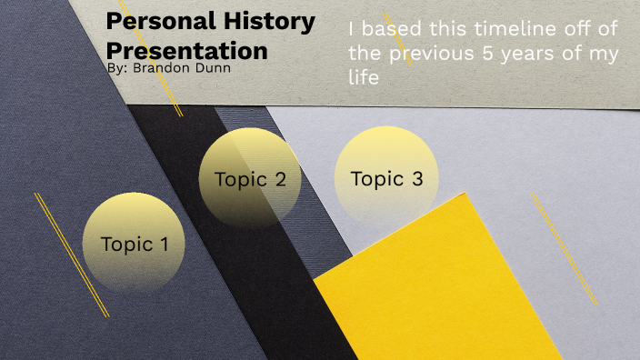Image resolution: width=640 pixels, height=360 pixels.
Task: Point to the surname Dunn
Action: point(212,67)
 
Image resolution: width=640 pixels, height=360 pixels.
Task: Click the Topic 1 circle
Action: point(134,243)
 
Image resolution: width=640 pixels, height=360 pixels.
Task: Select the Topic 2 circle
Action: point(250,178)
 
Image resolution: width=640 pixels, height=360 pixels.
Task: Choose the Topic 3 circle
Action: point(386,178)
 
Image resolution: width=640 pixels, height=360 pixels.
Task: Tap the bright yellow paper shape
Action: point(445,282)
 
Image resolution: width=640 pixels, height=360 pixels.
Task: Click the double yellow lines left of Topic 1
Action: point(71,255)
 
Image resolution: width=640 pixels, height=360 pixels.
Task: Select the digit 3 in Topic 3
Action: point(417,179)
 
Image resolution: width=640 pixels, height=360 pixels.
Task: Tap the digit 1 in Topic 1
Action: point(164,244)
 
